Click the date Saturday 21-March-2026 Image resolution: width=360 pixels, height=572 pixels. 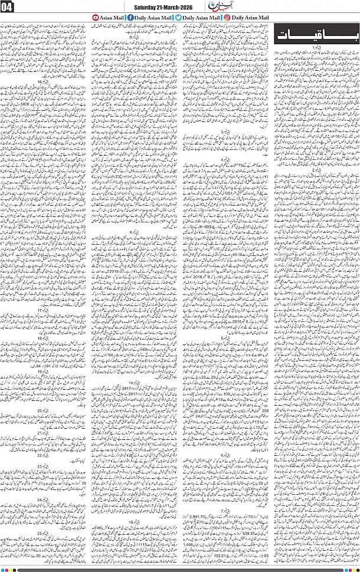155,7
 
